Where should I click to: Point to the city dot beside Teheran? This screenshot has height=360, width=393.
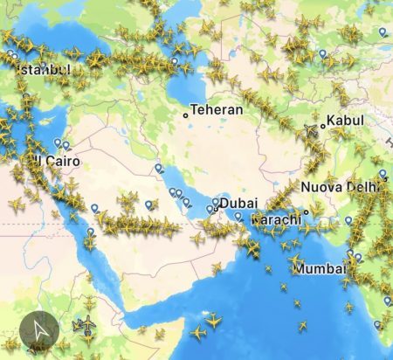click(185, 114)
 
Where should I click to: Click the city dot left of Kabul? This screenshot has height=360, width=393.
click(322, 125)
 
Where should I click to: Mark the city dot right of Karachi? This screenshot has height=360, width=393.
click(306, 212)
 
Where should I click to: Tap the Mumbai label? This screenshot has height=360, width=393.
click(319, 268)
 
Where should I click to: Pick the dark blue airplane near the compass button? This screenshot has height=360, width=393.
click(86, 324)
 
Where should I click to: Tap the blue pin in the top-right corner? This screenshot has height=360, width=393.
click(383, 32)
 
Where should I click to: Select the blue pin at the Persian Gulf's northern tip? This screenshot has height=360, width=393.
click(158, 168)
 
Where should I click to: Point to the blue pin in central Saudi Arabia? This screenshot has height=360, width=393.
click(149, 204)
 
